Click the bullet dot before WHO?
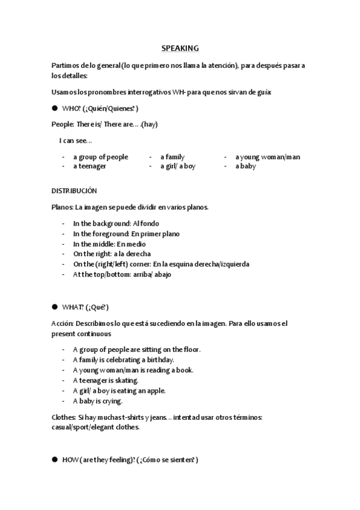[54, 108]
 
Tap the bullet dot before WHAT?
[54, 307]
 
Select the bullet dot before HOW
[54, 459]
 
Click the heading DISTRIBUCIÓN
[74, 191]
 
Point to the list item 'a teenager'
[90, 166]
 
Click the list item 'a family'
[172, 157]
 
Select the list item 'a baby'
[245, 166]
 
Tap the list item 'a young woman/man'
[267, 157]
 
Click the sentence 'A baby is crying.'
[97, 401]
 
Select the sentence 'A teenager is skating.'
[105, 380]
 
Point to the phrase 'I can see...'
[75, 140]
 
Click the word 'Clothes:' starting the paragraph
[64, 417]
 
